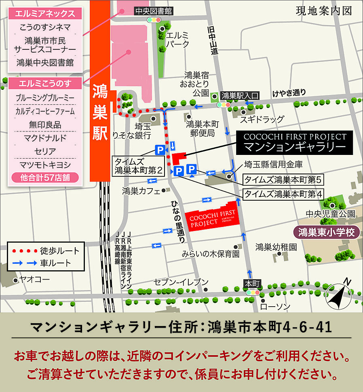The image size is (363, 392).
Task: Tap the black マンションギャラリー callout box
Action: click(295, 142)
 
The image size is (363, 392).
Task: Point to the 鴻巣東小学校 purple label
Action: click(326, 233)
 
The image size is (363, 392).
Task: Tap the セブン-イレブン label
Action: click(181, 282)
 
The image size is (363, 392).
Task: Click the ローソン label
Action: click(275, 307)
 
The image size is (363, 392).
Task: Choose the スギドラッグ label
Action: click(262, 119)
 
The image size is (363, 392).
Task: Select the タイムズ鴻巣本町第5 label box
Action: click(284, 180)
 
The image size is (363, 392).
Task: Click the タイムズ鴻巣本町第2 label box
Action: click(138, 166)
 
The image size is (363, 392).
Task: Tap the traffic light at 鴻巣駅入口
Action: click(224, 104)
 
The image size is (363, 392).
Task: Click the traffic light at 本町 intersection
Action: click(252, 292)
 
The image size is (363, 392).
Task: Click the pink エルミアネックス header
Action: click(45, 14)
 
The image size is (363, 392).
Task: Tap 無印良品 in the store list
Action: click(45, 125)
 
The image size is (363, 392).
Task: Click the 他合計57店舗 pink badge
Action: click(45, 178)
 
